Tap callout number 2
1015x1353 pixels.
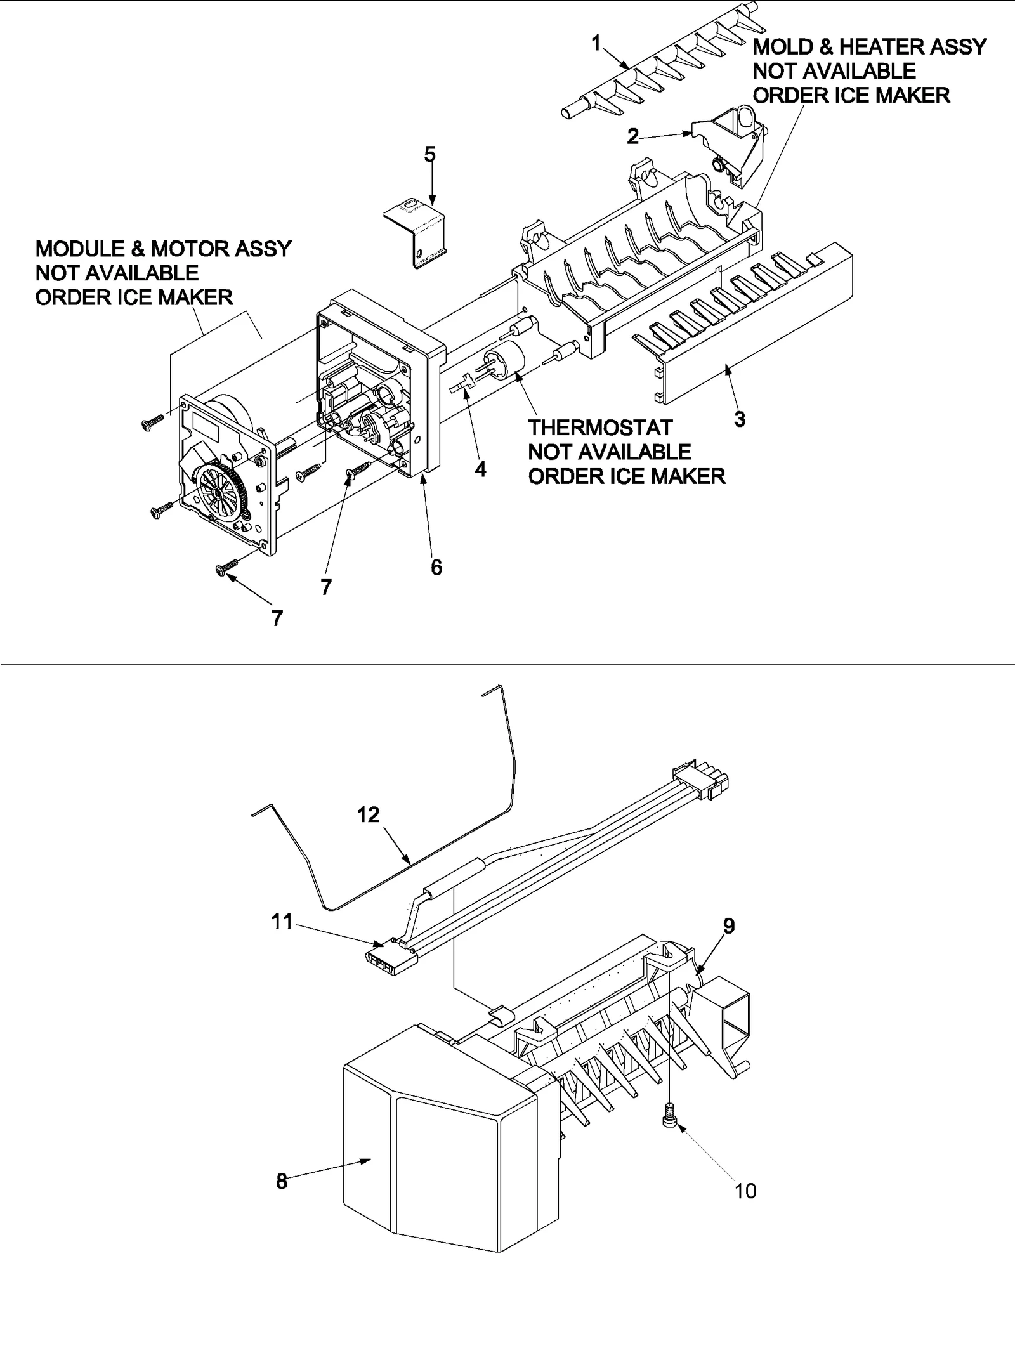632,136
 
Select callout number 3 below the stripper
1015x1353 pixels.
739,419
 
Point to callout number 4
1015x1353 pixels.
480,469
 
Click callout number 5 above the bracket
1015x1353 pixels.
429,154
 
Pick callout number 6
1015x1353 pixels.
436,567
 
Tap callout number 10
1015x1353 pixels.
745,1191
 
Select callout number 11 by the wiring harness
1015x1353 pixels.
282,920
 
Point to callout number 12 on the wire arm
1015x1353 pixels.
368,814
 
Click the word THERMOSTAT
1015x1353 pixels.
599,428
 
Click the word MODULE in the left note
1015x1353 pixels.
77,249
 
